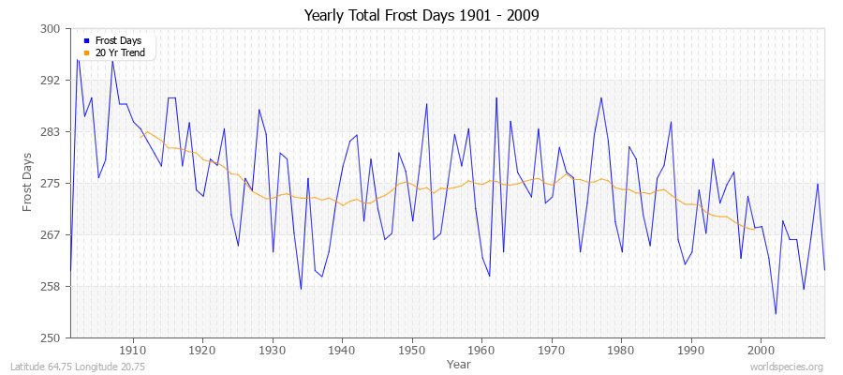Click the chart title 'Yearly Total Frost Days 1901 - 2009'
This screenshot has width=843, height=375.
point(421,16)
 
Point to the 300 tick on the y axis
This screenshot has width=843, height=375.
point(52,29)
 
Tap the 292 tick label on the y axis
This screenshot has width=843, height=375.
point(52,81)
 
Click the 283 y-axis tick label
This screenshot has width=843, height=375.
point(52,132)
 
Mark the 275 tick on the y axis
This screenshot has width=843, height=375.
point(52,184)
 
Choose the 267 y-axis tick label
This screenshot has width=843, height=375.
point(52,234)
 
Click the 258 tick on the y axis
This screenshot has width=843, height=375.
point(52,286)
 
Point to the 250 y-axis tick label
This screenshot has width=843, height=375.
point(52,337)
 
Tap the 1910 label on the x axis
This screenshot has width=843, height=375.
point(133,349)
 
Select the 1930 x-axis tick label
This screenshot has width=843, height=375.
point(273,349)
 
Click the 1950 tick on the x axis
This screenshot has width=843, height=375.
point(412,349)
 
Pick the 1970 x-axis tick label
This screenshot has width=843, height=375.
point(552,349)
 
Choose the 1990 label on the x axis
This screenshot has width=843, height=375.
point(691,349)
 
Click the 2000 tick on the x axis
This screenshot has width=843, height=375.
point(762,349)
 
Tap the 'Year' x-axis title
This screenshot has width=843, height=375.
point(459,363)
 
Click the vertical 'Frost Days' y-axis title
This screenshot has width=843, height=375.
point(28,183)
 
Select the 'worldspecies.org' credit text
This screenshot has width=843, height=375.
point(787,367)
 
